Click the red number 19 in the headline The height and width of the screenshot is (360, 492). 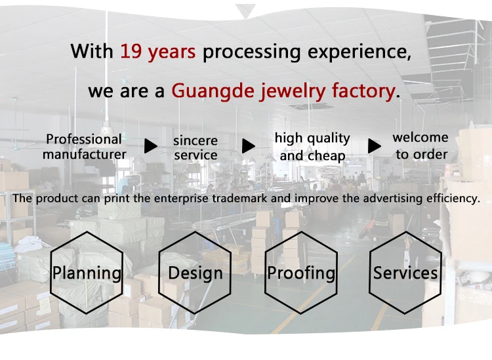click(x=131, y=51)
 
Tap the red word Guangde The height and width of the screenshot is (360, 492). click(x=213, y=92)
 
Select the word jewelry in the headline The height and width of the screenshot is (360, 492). click(x=293, y=92)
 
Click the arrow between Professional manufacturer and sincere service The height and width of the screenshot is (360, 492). click(x=151, y=146)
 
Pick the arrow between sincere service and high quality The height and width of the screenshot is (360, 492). click(x=249, y=146)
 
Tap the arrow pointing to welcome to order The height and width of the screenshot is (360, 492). click(x=375, y=146)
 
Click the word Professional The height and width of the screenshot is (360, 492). click(x=84, y=139)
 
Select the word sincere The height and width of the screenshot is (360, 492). click(x=195, y=141)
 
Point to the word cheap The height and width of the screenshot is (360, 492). click(x=327, y=156)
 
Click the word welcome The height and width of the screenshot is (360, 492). click(x=420, y=137)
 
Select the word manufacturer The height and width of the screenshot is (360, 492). click(x=85, y=154)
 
